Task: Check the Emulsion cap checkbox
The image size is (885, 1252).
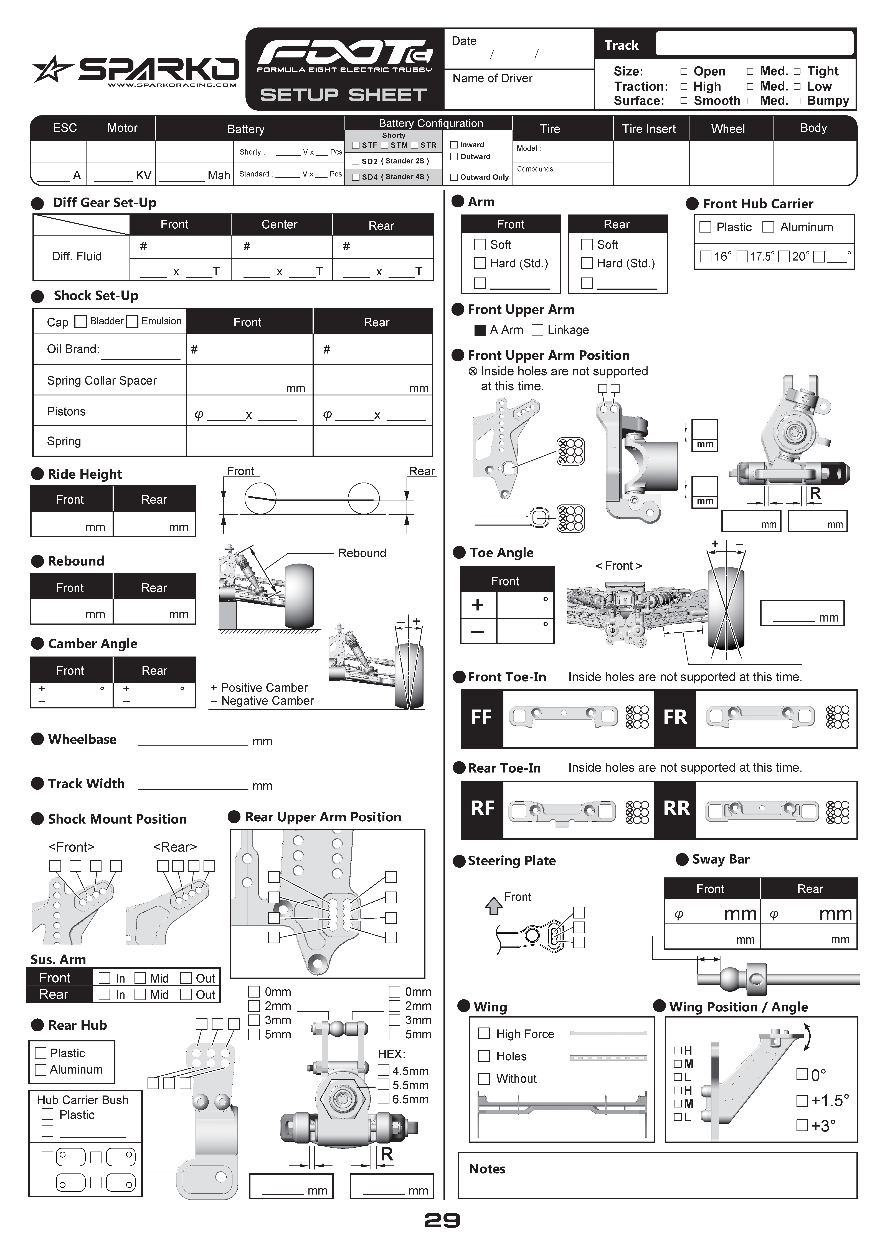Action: click(x=132, y=322)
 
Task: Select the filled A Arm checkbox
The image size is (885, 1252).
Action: click(x=480, y=330)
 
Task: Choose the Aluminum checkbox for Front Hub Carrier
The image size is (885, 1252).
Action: click(x=768, y=227)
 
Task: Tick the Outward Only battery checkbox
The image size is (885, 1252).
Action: click(x=454, y=177)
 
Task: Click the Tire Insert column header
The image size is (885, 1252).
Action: click(x=649, y=129)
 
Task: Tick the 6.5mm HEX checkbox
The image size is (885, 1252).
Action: click(x=384, y=1099)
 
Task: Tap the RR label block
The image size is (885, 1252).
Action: click(x=676, y=809)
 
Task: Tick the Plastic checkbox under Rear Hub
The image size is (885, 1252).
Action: click(x=40, y=1052)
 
